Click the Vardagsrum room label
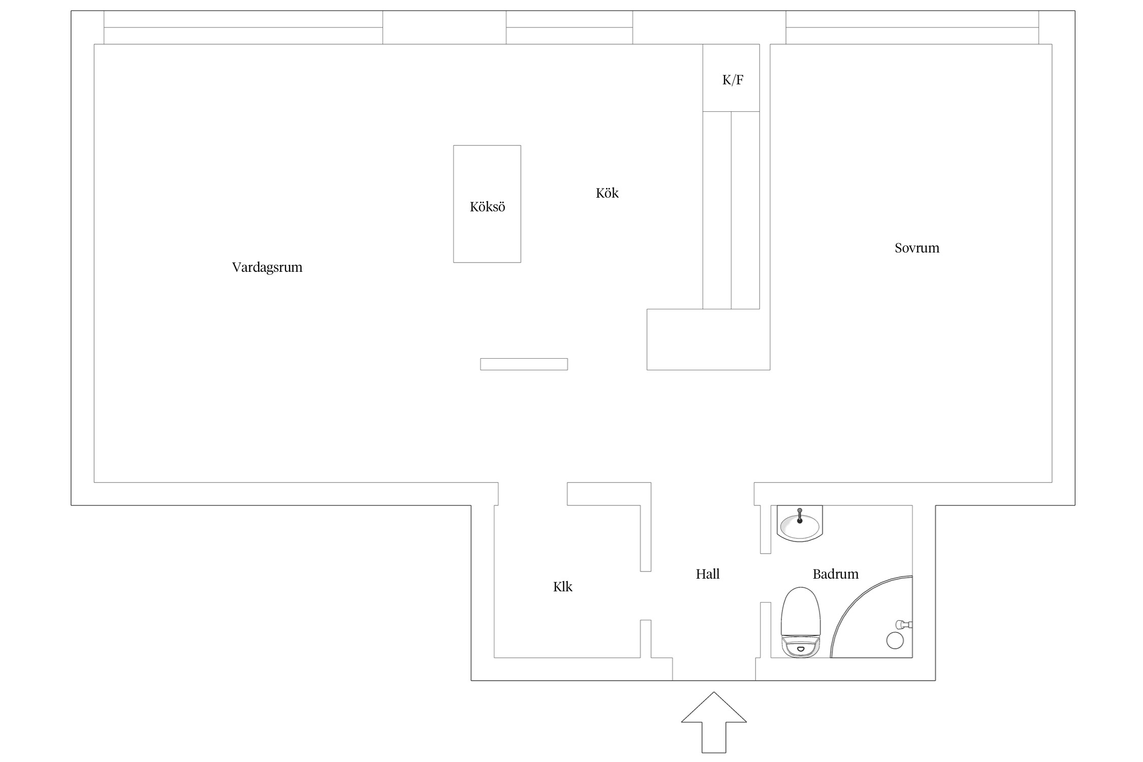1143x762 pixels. pos(267,267)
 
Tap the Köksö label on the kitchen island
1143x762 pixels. pos(487,207)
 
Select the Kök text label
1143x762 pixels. pos(607,193)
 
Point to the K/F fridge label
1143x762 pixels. pos(733,80)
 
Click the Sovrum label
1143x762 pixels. pos(917,248)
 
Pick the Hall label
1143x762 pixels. pos(708,574)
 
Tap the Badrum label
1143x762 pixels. pos(836,574)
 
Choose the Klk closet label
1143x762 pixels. pos(562,587)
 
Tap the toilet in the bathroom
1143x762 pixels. pos(801,622)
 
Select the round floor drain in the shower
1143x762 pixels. pos(895,641)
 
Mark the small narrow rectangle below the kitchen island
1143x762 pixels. pos(524,364)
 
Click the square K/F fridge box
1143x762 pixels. pos(731,78)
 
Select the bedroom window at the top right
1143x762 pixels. pos(912,27)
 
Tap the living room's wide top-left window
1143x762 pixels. pos(243,27)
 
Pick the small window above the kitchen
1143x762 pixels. pos(569,27)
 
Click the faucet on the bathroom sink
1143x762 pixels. pos(800,515)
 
